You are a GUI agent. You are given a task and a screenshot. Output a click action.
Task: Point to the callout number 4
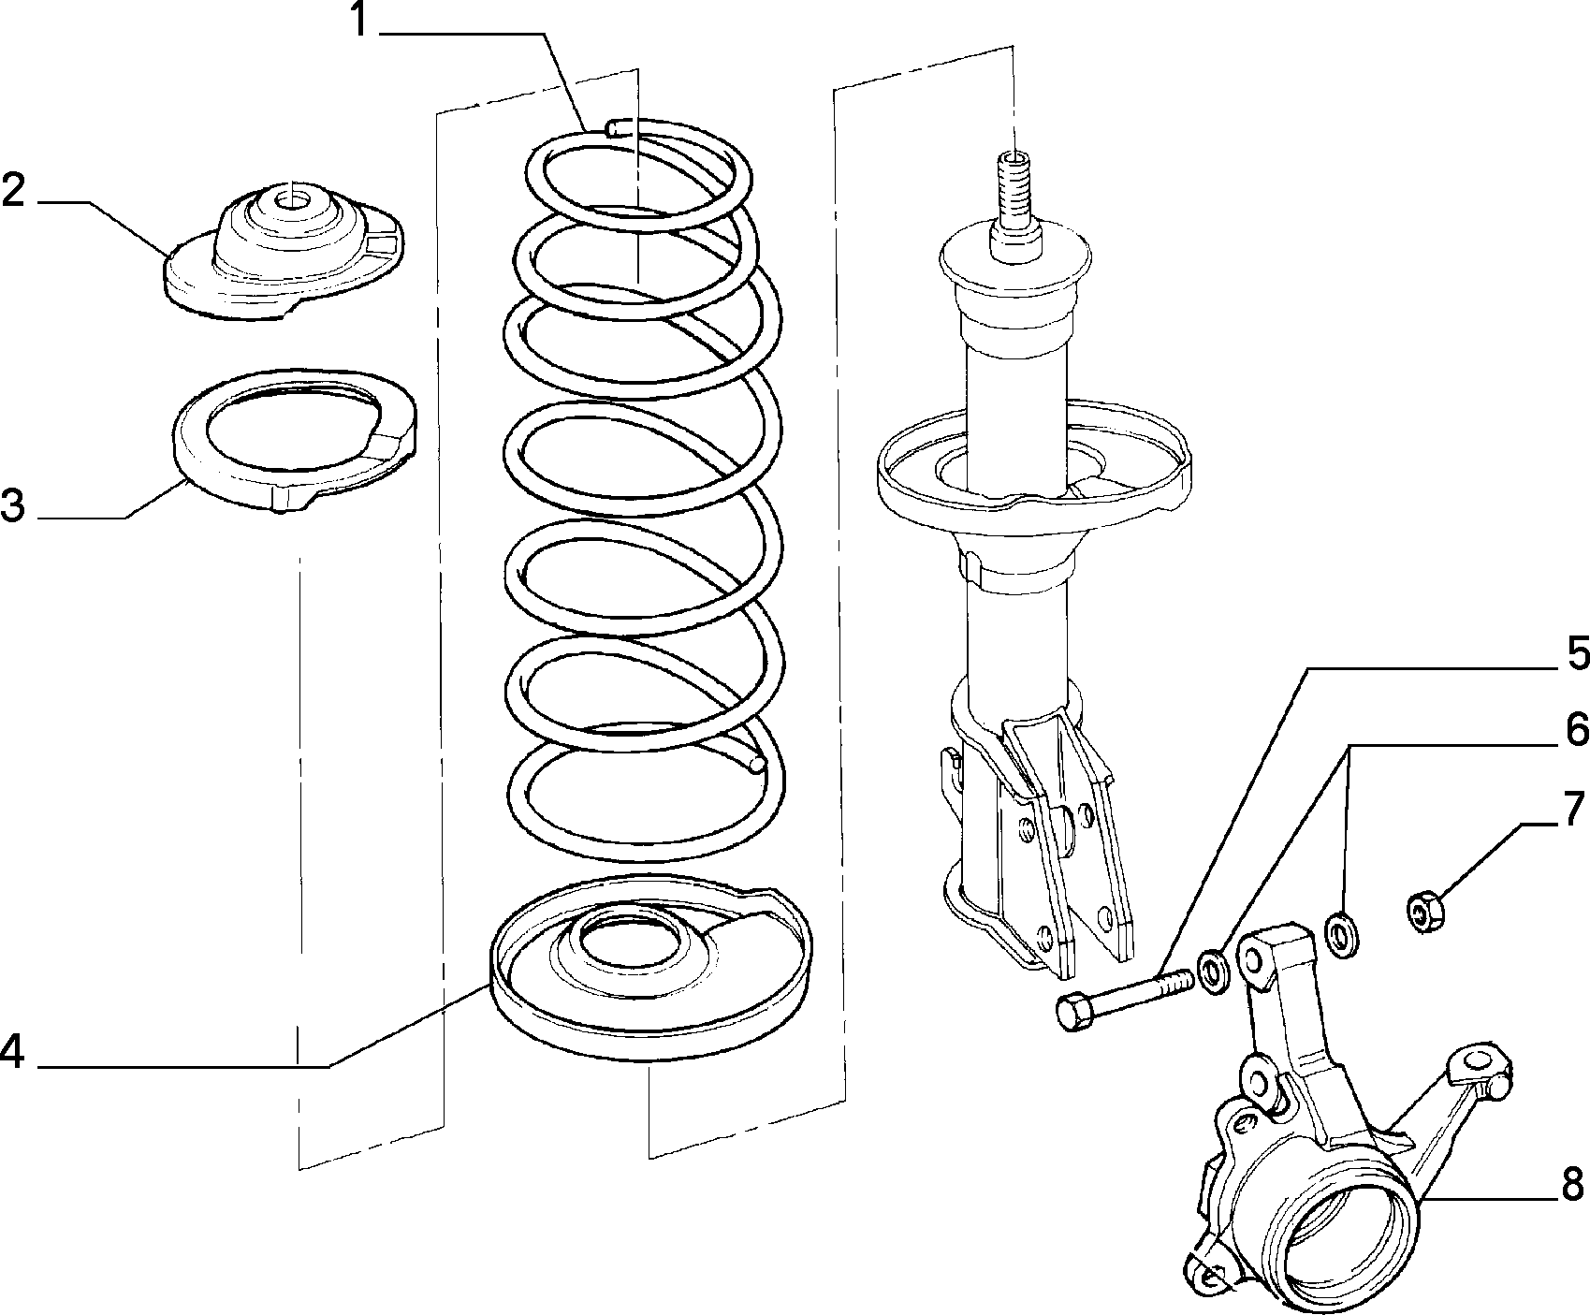[12, 1051]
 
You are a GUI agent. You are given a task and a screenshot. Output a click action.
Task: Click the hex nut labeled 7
[1425, 912]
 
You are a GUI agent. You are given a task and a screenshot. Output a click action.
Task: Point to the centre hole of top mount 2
[291, 197]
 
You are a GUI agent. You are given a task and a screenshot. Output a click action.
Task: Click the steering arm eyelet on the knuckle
[1478, 1060]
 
